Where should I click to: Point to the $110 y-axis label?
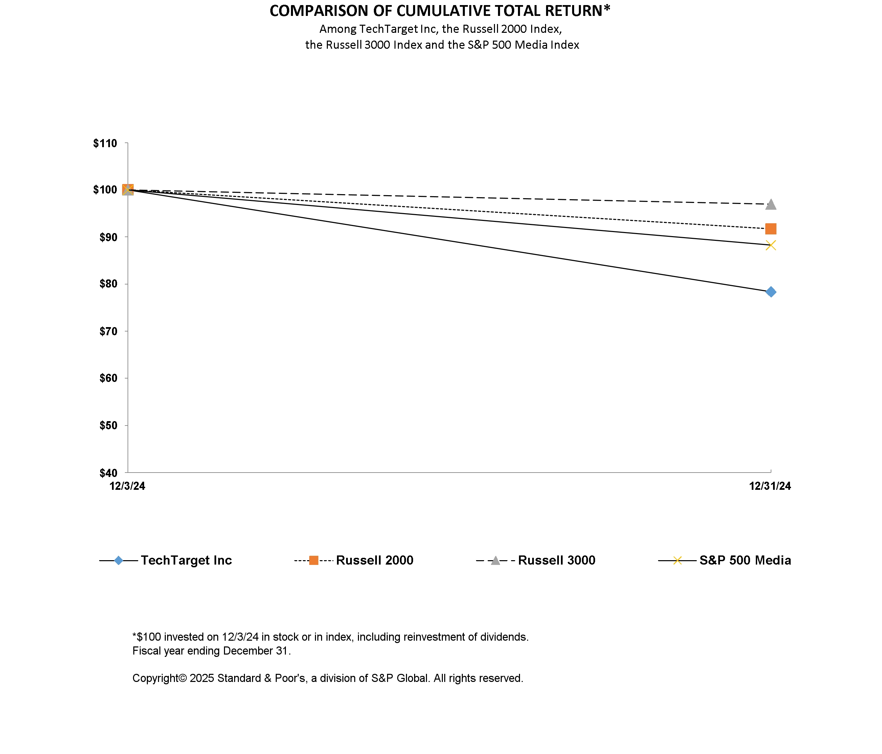105,143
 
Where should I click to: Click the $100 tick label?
105,190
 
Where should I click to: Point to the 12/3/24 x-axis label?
127,486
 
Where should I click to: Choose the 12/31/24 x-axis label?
770,486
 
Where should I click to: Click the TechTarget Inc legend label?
186,561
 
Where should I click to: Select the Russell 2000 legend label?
375,561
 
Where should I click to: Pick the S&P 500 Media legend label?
745,561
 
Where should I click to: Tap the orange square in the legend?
313,561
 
